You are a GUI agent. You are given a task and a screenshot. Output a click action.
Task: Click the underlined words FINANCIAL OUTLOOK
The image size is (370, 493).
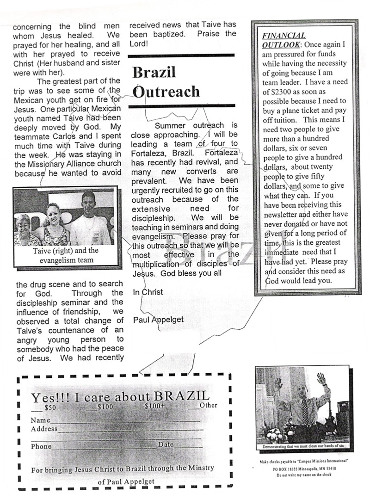284,40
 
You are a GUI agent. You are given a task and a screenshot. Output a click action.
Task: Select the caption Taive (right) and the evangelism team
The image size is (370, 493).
66,255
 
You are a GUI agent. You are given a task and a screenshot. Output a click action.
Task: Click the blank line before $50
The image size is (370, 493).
37,409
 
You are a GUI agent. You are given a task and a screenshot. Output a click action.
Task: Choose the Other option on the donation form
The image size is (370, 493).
208,406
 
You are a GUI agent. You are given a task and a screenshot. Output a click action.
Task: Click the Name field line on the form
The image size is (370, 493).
125,421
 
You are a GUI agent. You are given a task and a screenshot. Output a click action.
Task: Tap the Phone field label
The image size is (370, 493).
41,447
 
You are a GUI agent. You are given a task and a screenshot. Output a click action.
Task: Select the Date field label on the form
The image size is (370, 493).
166,444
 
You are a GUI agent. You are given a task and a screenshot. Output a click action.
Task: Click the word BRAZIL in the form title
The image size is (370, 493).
183,397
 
